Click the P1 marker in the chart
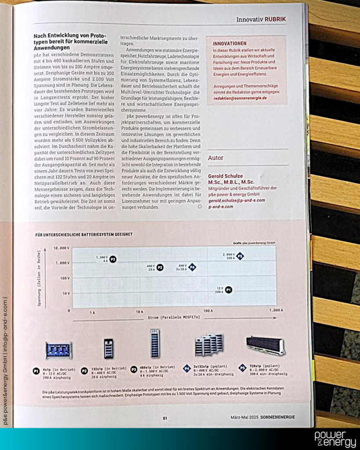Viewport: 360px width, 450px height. coord(229,290)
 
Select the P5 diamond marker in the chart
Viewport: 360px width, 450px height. coord(240,256)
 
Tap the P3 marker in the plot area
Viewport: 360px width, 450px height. coord(113,259)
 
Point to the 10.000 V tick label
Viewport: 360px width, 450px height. coord(62,248)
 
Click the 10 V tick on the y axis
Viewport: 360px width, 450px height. coord(65,293)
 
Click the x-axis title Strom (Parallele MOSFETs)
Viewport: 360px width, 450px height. coord(171,317)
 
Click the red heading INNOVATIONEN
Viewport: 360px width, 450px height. coord(229,44)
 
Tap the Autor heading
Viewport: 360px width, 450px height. coord(216,158)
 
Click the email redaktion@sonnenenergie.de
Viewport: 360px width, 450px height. coord(240,98)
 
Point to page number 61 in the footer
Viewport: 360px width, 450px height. coord(165,418)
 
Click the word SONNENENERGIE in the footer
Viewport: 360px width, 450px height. coord(276,417)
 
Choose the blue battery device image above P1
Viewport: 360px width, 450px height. coord(58,350)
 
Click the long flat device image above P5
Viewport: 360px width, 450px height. coord(265,345)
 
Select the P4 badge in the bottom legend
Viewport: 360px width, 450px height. coord(186,369)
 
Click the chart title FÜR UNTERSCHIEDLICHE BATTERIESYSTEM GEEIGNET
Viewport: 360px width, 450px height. coord(84,235)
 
